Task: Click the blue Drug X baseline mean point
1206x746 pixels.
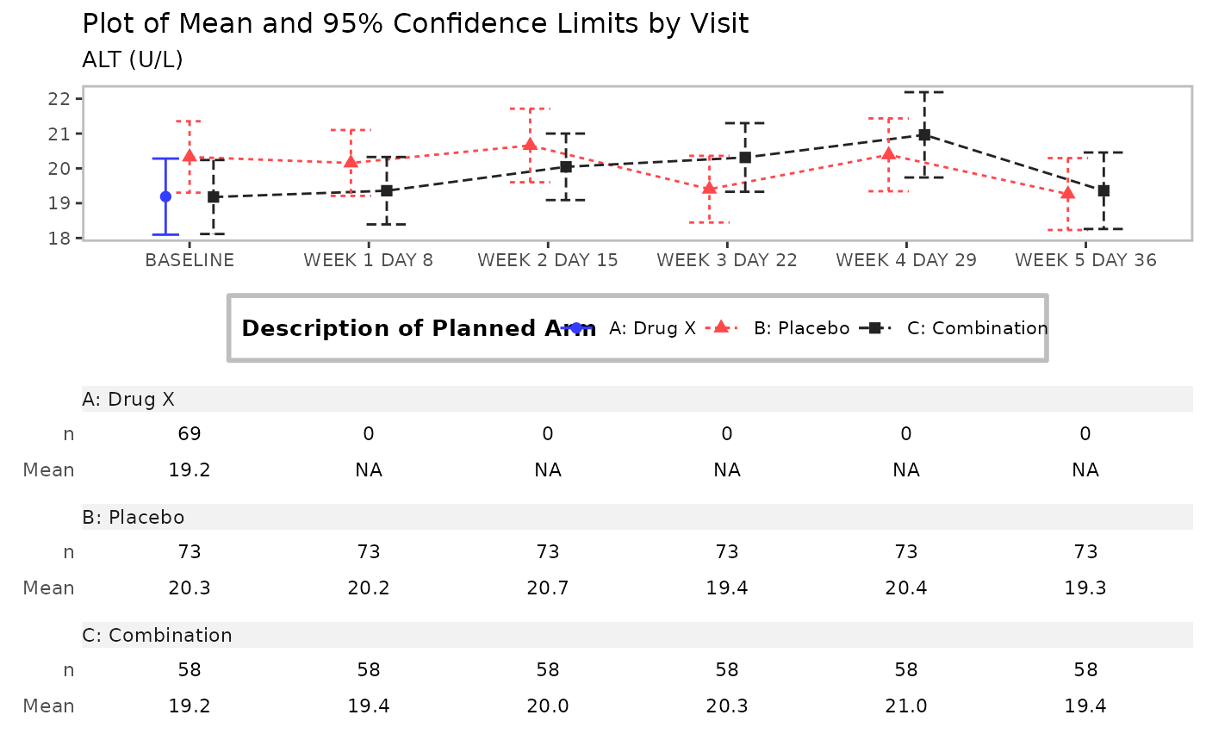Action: [x=165, y=196]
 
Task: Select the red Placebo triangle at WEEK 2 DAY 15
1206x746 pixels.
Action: [x=530, y=145]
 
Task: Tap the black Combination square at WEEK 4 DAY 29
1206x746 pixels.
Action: [x=924, y=134]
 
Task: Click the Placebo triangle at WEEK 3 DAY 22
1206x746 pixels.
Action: [x=709, y=189]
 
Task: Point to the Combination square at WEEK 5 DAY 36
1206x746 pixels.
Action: [x=1103, y=190]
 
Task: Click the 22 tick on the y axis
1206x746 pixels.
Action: [x=59, y=98]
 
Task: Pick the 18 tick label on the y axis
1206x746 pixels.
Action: [x=59, y=239]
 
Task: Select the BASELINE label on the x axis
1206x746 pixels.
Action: [x=190, y=260]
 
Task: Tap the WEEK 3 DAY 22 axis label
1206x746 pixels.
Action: [x=727, y=260]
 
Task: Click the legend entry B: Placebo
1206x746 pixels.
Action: [x=801, y=328]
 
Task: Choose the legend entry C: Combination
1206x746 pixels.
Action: [x=977, y=328]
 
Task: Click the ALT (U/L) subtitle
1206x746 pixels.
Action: [x=133, y=59]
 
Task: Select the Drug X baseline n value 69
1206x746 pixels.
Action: [x=190, y=433]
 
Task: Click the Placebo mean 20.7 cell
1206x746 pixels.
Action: [x=548, y=588]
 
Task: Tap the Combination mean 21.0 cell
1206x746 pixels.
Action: [x=906, y=706]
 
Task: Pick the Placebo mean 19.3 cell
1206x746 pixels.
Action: [x=1085, y=588]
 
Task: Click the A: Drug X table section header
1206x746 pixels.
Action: [x=128, y=399]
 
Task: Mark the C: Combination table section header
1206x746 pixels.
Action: [x=158, y=635]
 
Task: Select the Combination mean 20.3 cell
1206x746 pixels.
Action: [x=727, y=706]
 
